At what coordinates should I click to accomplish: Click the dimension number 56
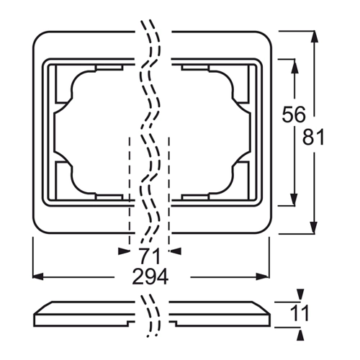pyautogui.click(x=294, y=114)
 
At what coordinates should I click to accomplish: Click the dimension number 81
pyautogui.click(x=313, y=138)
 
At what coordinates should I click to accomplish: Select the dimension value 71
pyautogui.click(x=149, y=256)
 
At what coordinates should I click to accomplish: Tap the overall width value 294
pyautogui.click(x=150, y=276)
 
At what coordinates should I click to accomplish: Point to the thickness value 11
pyautogui.click(x=300, y=313)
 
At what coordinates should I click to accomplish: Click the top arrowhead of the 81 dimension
pyautogui.click(x=315, y=37)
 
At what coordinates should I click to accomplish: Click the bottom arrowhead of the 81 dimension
pyautogui.click(x=315, y=228)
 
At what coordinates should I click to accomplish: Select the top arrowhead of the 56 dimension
pyautogui.click(x=294, y=66)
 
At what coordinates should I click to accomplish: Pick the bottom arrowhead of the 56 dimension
pyautogui.click(x=294, y=199)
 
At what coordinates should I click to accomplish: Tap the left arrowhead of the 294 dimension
pyautogui.click(x=38, y=276)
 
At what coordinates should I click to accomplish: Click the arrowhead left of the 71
pyautogui.click(x=124, y=251)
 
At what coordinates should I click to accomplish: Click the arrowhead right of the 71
pyautogui.click(x=175, y=251)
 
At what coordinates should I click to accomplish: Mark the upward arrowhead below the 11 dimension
pyautogui.click(x=300, y=334)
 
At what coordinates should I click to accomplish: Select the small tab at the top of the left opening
pyautogui.click(x=109, y=68)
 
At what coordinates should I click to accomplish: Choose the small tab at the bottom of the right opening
pyautogui.click(x=195, y=197)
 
